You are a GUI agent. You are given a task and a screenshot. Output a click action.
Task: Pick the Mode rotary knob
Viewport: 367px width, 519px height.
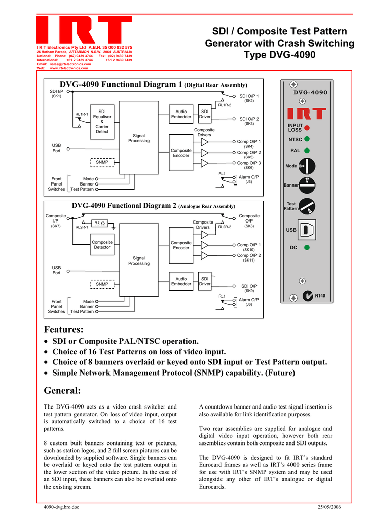[x=307, y=166]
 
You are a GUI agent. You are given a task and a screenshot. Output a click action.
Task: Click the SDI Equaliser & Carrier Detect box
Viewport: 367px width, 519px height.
[x=102, y=121]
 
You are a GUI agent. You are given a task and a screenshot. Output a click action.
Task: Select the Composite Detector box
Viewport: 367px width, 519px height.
[x=102, y=245]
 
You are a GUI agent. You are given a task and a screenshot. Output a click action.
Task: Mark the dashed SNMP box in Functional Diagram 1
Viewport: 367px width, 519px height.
[x=102, y=162]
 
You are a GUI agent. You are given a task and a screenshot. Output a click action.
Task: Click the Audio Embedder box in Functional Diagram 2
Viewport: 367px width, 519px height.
[x=181, y=281]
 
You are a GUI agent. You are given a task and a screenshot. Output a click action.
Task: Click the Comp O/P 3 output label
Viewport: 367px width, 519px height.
[x=249, y=163]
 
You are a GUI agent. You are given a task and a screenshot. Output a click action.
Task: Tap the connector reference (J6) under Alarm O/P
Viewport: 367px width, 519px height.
[x=249, y=305]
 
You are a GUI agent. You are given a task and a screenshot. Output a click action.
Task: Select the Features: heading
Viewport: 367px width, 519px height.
[x=63, y=329]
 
